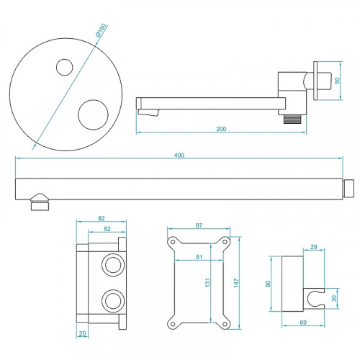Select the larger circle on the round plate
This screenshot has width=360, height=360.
click(92, 114)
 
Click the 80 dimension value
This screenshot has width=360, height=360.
click(269, 284)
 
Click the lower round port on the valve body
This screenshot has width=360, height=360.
click(112, 300)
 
